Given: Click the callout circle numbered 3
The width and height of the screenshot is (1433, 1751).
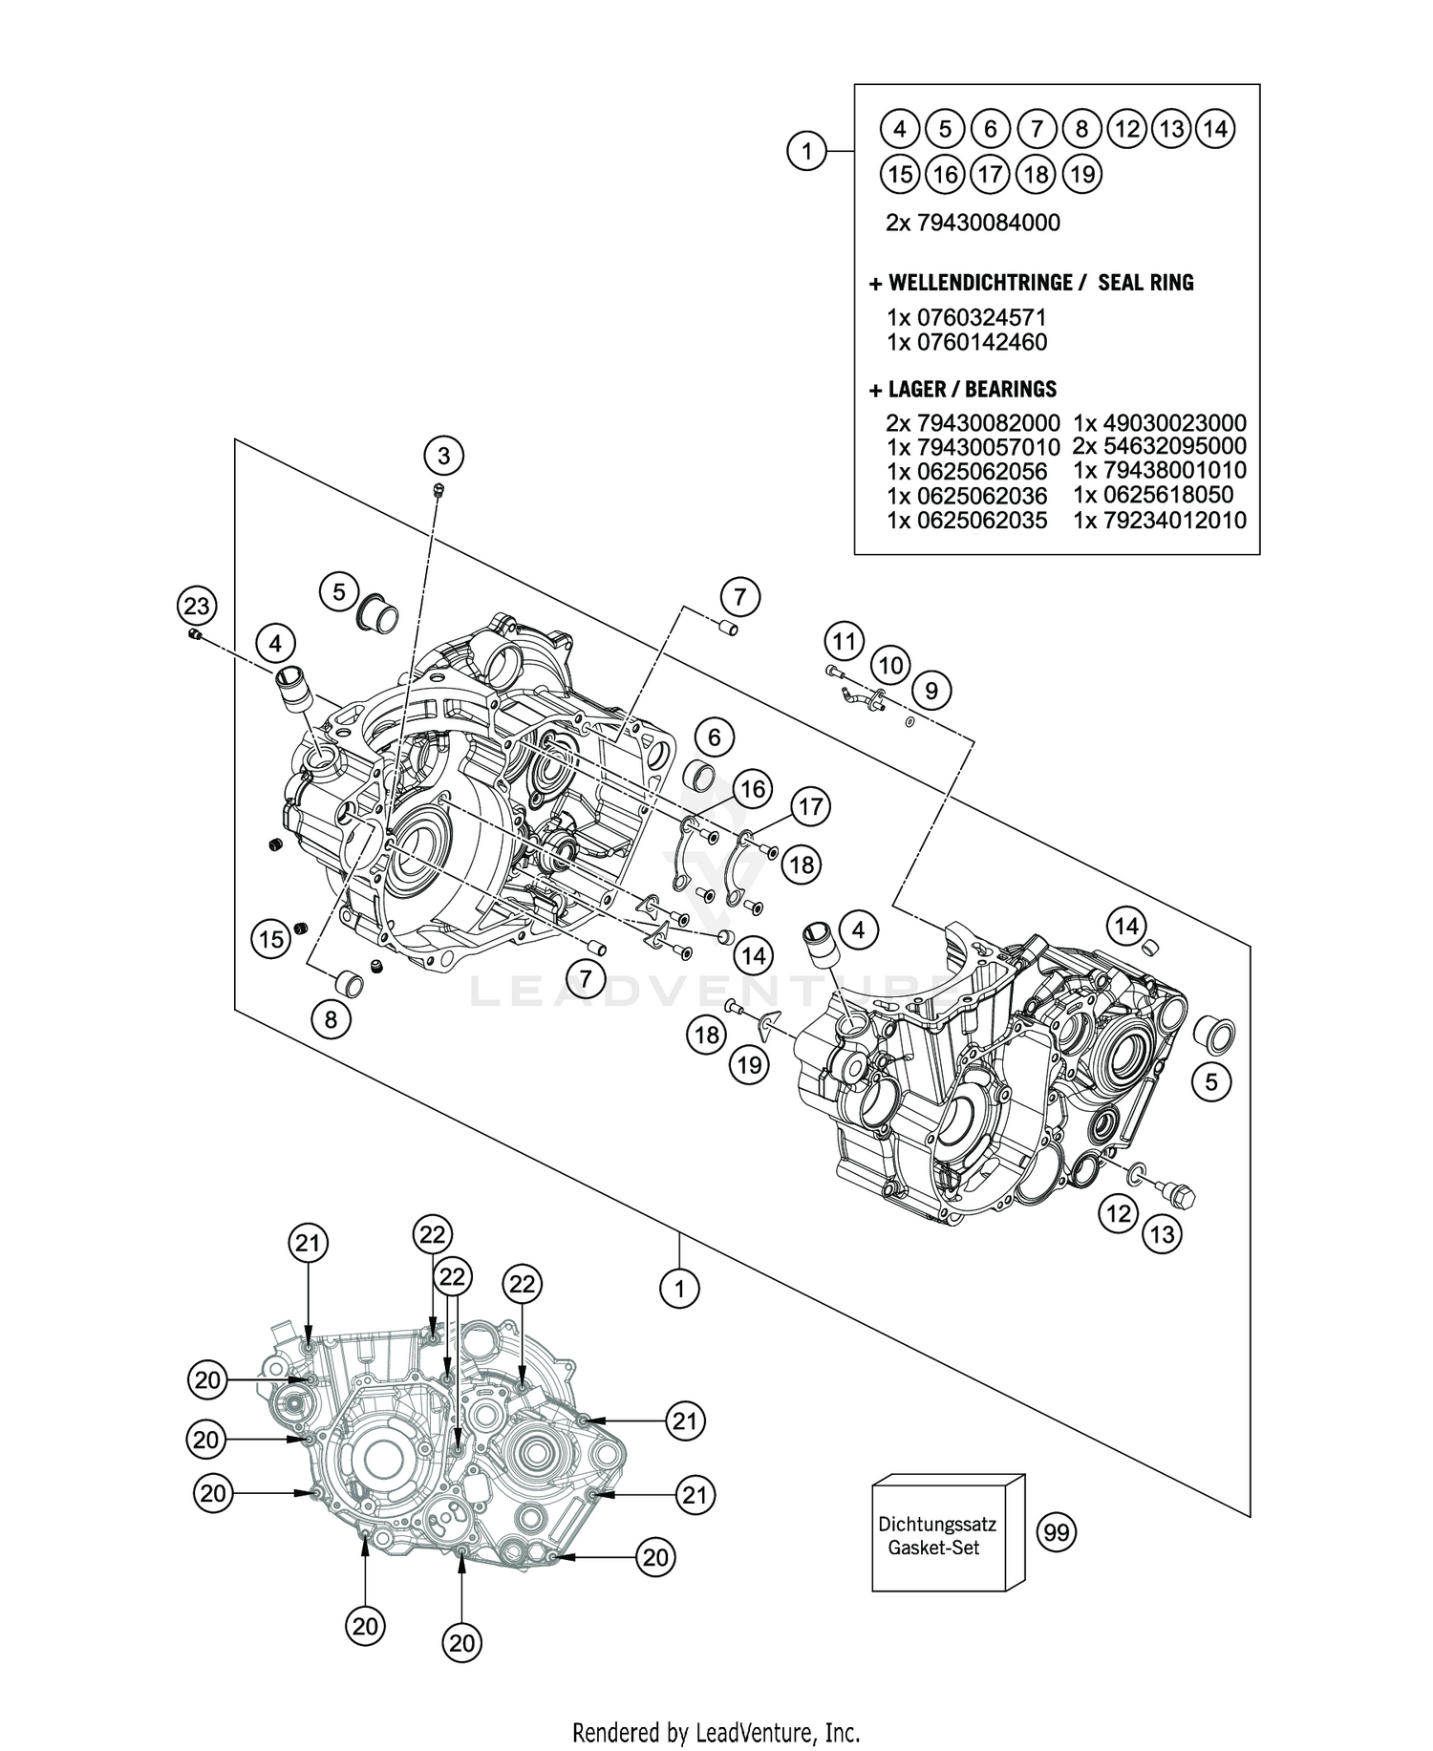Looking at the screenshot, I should (x=443, y=456).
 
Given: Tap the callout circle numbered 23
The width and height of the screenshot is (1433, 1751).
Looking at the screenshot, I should (x=196, y=606).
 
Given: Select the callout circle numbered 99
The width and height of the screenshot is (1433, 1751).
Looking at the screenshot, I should (x=1056, y=1533).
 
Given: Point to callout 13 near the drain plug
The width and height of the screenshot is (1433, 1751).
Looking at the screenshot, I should (x=1162, y=1234).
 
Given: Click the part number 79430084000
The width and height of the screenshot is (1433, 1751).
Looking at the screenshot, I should (x=988, y=223).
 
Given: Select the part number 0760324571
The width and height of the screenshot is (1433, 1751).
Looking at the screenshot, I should (x=981, y=317).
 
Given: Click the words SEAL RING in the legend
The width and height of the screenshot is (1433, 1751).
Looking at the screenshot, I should (x=1145, y=283).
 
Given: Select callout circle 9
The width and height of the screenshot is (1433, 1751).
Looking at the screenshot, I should (x=931, y=690).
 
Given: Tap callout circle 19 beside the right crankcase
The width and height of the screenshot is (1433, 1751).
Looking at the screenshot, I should (x=749, y=1063).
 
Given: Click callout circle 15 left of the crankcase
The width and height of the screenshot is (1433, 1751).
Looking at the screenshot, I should (x=272, y=939).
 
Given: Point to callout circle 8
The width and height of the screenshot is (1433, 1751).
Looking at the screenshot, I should (x=331, y=1019).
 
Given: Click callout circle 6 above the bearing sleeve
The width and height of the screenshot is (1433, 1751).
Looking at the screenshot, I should (x=714, y=737).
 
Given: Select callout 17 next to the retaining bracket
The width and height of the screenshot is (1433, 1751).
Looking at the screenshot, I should (x=810, y=807).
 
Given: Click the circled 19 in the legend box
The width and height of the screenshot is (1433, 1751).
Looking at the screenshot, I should (x=1081, y=174).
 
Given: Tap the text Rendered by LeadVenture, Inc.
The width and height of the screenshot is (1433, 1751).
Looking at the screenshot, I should (x=716, y=1731).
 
